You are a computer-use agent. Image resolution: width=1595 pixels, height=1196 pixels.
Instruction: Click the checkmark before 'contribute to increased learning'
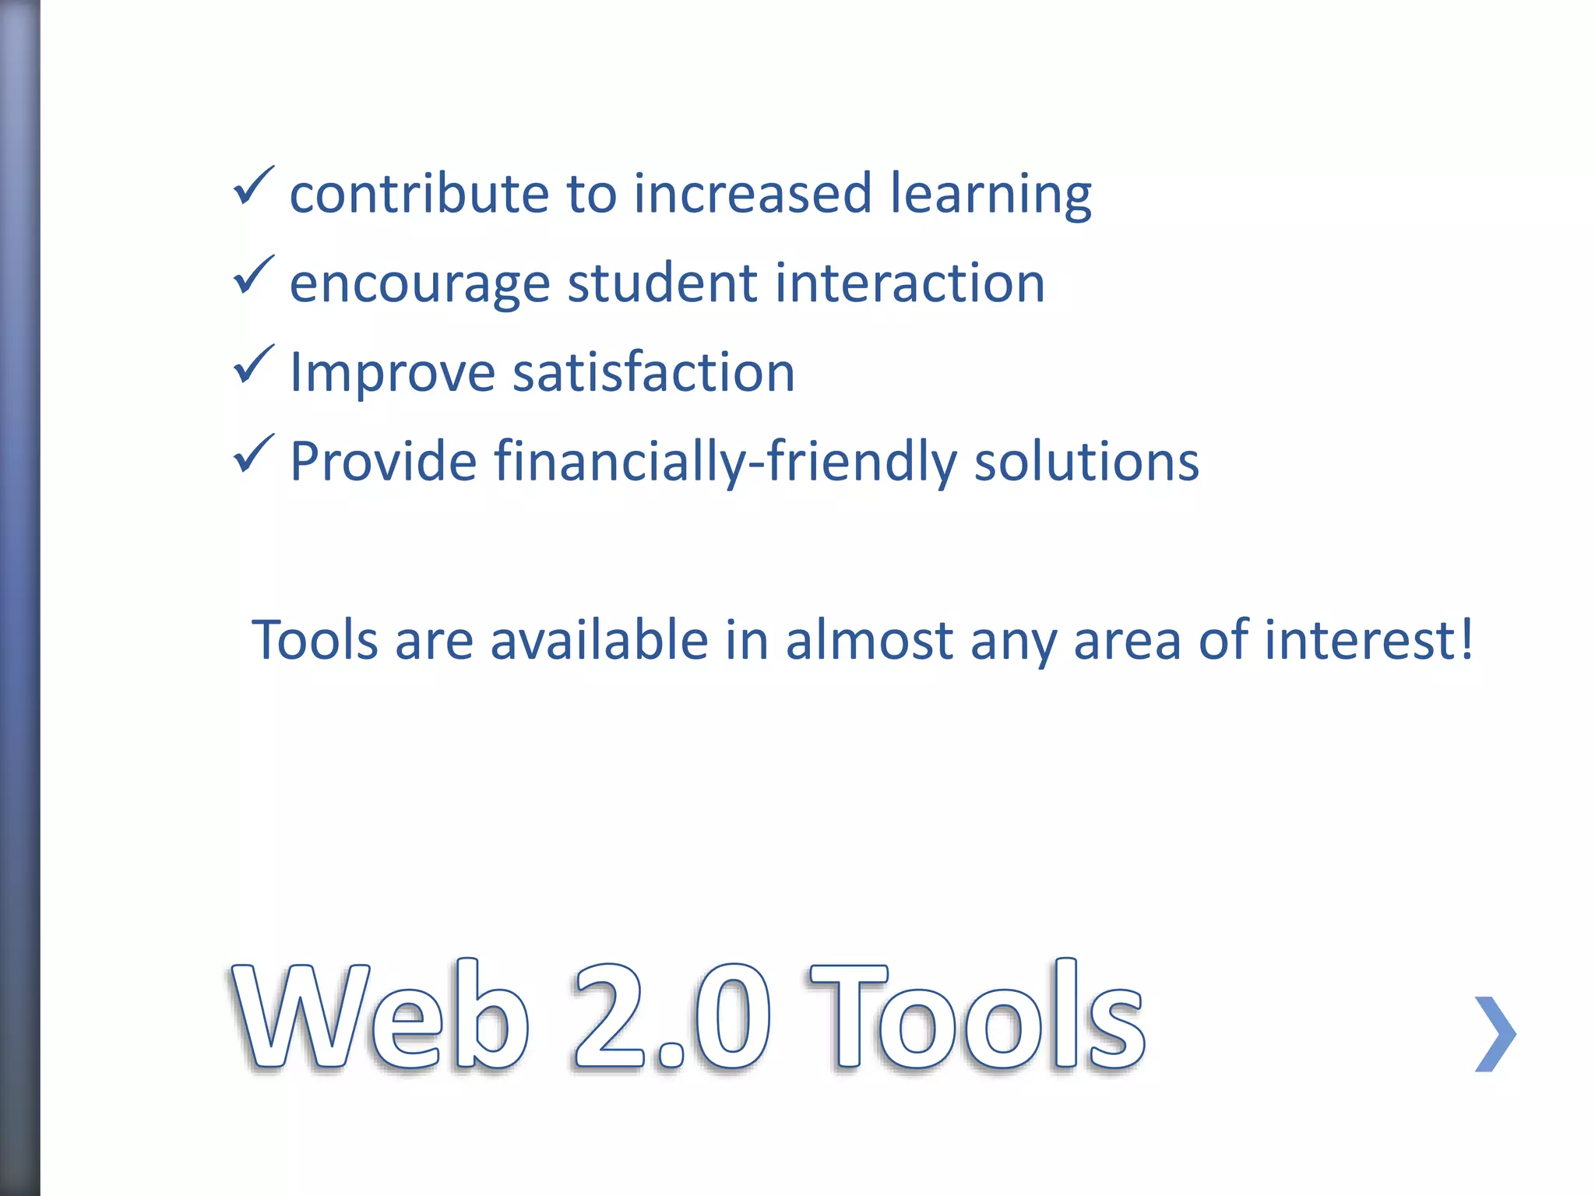(x=253, y=187)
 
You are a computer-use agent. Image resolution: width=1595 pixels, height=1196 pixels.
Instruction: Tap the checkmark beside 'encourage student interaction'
(x=253, y=276)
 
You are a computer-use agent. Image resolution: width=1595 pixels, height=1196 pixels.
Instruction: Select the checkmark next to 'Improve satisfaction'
(x=253, y=365)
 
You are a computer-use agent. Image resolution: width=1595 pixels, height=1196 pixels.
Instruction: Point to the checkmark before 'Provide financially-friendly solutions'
(x=253, y=455)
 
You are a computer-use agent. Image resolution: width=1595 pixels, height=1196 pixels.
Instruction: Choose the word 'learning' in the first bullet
(x=991, y=195)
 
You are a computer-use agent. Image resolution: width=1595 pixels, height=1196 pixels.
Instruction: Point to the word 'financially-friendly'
(x=725, y=463)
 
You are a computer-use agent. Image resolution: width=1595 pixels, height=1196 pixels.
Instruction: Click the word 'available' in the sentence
(x=599, y=640)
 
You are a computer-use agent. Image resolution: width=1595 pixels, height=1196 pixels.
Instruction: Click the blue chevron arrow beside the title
(x=1495, y=1034)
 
